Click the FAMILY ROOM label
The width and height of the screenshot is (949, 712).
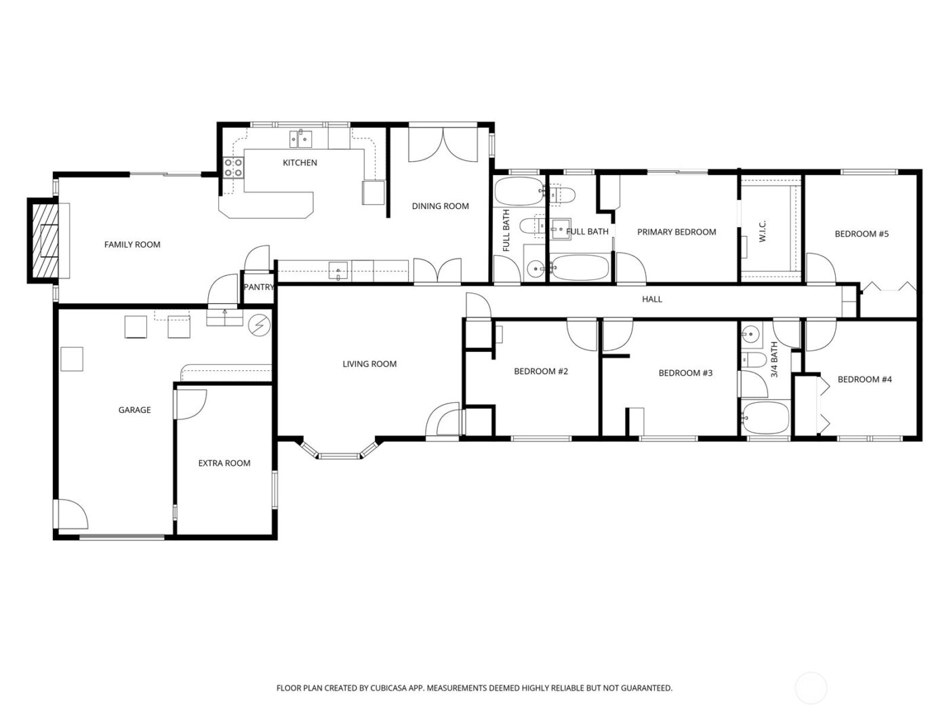[x=132, y=245]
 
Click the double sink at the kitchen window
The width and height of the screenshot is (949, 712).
[x=300, y=140]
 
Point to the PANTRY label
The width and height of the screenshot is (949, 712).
[x=258, y=288]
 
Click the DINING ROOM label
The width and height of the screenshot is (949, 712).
[x=440, y=206]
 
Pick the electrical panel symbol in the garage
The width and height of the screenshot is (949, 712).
[x=258, y=326]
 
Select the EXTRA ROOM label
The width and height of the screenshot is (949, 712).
[x=224, y=464]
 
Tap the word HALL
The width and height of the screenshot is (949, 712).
[x=652, y=299]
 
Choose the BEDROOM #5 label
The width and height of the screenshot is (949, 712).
[x=861, y=234]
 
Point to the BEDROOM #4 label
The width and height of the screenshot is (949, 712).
[x=864, y=380]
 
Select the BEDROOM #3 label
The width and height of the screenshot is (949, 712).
[x=685, y=373]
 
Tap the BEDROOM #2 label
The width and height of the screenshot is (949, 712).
[x=540, y=372]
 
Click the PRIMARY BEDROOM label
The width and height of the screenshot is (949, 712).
[x=677, y=232]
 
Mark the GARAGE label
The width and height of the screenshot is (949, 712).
[x=134, y=410]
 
